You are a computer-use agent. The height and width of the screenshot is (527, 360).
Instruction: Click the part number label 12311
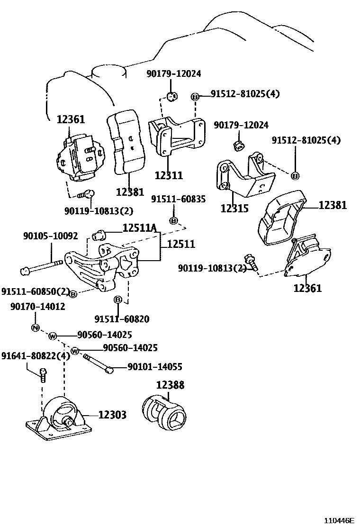pos(168,175)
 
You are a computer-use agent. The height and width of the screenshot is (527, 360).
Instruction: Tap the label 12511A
pos(139,228)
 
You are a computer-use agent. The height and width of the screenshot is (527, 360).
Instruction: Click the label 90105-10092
pos(50,236)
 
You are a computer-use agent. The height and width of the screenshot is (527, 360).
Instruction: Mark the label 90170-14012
pos(37,307)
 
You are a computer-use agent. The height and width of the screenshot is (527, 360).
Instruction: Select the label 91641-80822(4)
pos(36,355)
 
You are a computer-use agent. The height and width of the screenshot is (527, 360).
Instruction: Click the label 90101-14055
pos(154,366)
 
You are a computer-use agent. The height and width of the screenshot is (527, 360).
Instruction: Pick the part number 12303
pos(112,415)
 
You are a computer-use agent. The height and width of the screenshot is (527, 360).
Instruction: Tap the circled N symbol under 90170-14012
pos(35,327)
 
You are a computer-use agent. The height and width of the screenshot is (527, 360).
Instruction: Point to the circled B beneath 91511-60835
pos(173,220)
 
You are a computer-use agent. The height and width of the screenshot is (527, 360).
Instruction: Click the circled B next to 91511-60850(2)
pos(73,294)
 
